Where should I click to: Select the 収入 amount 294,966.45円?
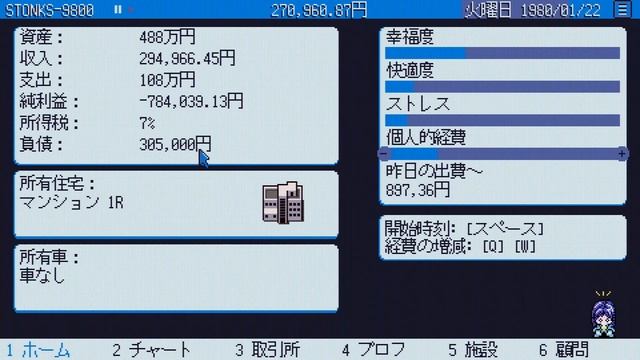coord(187,59)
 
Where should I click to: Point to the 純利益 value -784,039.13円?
coord(191,101)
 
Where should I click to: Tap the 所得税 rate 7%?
coord(147,122)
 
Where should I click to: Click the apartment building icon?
coord(282,203)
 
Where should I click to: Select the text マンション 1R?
coord(72,202)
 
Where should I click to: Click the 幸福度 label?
coord(410,37)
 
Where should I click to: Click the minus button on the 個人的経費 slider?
coord(384,154)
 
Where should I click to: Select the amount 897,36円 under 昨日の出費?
coord(418,189)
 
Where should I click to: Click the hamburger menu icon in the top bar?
coord(623,9)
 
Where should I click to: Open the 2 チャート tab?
coord(151,349)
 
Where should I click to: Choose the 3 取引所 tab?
coord(267,349)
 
